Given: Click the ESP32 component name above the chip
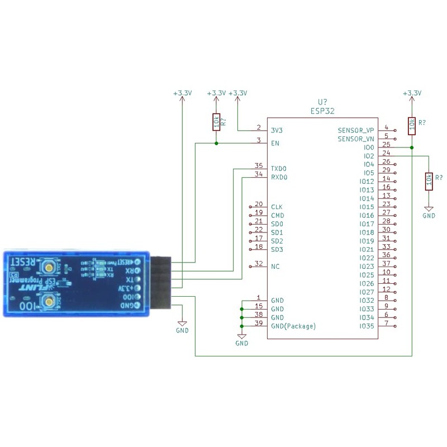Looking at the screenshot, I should [322, 111].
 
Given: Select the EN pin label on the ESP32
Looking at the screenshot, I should [275, 143].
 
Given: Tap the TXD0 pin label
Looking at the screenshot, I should [279, 169].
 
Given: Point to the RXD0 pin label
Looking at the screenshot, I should [279, 178].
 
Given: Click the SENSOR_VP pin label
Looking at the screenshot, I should [356, 130].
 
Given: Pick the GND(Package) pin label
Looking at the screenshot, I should [293, 326].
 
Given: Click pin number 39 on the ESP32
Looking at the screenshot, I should [258, 323].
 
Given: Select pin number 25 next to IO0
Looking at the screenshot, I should [387, 144].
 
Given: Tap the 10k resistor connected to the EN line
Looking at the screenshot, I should [216, 122].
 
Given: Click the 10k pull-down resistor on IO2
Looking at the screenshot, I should [429, 180].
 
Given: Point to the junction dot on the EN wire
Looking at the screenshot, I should [216, 143].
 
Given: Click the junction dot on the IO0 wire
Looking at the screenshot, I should [412, 148].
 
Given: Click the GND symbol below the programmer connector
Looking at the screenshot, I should [182, 324].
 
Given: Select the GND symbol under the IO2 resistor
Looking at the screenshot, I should [429, 210].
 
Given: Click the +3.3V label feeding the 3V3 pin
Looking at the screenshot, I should [238, 93].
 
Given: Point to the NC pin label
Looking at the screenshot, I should [274, 267].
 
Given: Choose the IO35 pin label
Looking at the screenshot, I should [367, 326].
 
